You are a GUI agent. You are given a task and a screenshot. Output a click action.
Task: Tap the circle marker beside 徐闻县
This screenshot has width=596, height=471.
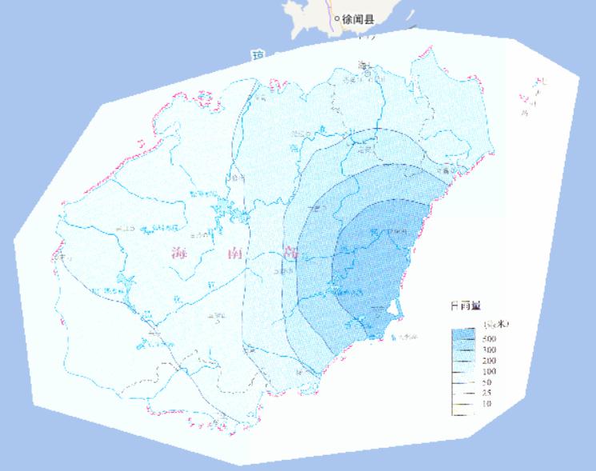pyautogui.click(x=337, y=18)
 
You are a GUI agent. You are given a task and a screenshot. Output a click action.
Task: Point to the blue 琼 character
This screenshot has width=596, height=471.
pyautogui.click(x=258, y=55)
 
